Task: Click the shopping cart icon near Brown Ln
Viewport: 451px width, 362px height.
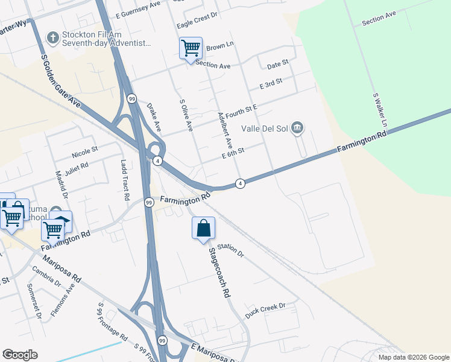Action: click(191, 48)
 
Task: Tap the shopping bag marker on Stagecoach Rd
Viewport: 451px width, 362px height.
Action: click(203, 228)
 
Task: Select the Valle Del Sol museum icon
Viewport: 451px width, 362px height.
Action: click(297, 128)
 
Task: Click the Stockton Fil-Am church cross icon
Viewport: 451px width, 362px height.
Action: click(52, 38)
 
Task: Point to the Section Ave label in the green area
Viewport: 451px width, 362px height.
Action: click(379, 18)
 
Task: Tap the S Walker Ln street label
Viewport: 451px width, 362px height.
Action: click(379, 109)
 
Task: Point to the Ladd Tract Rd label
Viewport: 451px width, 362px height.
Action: click(125, 180)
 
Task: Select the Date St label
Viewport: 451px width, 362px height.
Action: click(278, 63)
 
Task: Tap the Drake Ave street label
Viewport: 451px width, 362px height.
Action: click(154, 117)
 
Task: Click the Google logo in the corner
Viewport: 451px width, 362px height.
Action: click(20, 355)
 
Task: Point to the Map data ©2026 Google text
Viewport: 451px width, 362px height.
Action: click(414, 357)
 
